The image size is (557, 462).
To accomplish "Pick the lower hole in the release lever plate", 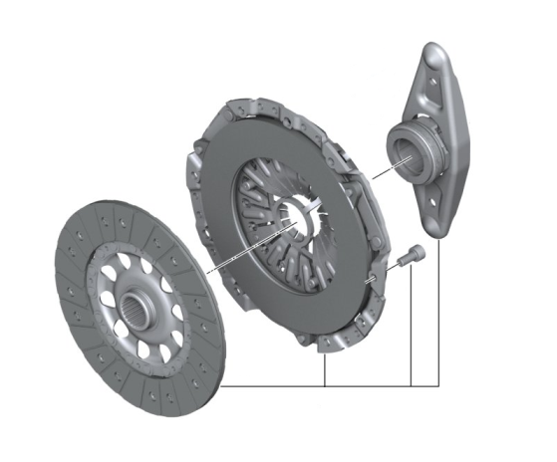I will point(436,206).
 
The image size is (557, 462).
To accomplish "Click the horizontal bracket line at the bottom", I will point(329,385).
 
